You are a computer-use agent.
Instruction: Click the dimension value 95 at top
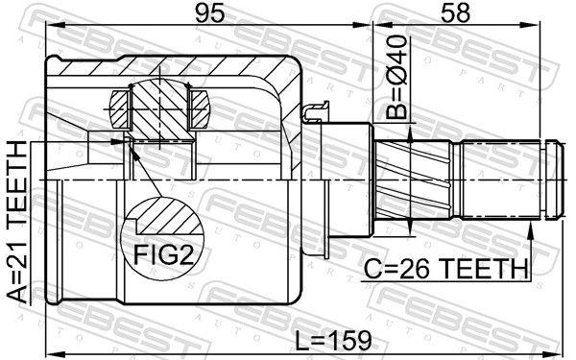pos(209,12)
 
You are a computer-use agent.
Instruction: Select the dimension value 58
pos(455,12)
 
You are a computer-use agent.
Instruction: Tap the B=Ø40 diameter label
pos(397,77)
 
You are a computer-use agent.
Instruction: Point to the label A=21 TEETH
pos(17,223)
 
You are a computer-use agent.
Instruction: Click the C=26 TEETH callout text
pos(445,268)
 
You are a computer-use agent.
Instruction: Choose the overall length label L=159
pos(333,341)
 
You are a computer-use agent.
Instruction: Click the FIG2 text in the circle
pos(163,254)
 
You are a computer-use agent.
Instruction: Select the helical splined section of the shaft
pos(414,180)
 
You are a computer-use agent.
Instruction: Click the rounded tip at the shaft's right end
pos(554,180)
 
